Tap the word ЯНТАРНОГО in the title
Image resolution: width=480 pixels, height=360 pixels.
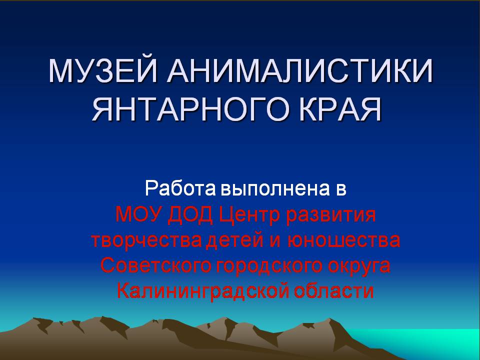[x=190, y=109]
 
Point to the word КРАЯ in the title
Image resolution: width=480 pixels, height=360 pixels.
[x=340, y=109]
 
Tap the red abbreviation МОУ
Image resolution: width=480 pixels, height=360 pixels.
[x=138, y=214]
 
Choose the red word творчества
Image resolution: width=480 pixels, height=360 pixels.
[x=146, y=240]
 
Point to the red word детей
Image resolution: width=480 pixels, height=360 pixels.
[x=235, y=240]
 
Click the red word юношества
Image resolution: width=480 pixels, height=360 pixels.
[x=344, y=240]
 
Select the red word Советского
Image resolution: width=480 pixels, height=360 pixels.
[x=156, y=265]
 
